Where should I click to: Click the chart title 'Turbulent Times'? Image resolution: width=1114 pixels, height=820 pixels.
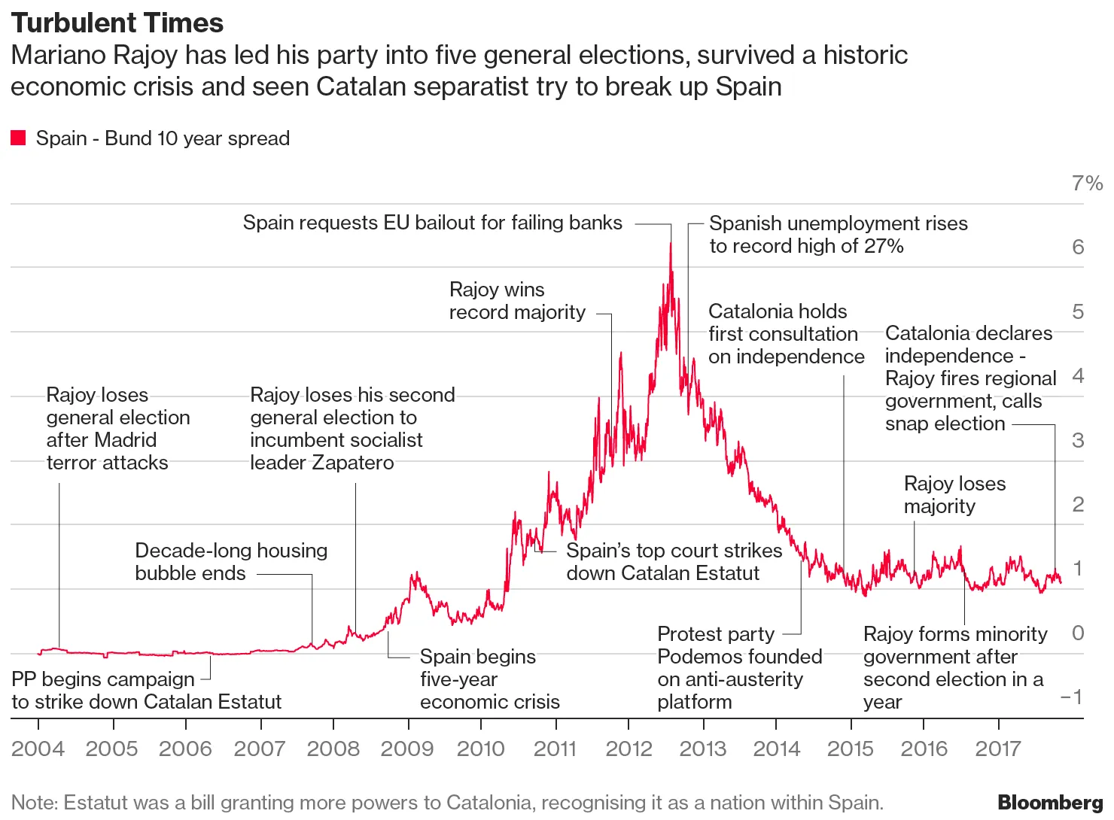tap(117, 23)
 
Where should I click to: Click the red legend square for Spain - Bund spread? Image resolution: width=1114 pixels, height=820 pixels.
tap(18, 138)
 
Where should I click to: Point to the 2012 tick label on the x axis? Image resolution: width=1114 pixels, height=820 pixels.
tap(629, 749)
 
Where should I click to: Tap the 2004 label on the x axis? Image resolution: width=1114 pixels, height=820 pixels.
tap(38, 749)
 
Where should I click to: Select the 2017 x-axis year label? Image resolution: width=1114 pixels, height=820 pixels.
tap(998, 749)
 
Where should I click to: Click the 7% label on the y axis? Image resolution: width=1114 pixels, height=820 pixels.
tap(1087, 183)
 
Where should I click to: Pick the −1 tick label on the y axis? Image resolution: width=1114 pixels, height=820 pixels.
tap(1072, 697)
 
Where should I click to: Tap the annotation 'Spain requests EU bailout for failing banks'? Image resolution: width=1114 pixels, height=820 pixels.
tap(432, 223)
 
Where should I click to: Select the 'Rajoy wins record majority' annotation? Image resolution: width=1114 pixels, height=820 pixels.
tap(517, 301)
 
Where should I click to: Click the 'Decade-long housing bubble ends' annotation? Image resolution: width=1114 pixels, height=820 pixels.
tap(231, 562)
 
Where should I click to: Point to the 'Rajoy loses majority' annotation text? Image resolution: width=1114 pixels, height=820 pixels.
tap(954, 495)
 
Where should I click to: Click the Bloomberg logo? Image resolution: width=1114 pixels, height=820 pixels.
tap(1050, 803)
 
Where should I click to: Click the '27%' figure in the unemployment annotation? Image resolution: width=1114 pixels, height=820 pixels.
tap(884, 246)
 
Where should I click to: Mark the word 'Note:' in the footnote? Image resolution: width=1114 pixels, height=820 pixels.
tap(35, 803)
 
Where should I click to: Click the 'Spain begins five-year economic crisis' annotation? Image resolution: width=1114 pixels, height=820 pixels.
tap(489, 679)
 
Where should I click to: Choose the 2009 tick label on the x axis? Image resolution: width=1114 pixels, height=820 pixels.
tap(407, 749)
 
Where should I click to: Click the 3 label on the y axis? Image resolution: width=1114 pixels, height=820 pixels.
tap(1078, 440)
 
